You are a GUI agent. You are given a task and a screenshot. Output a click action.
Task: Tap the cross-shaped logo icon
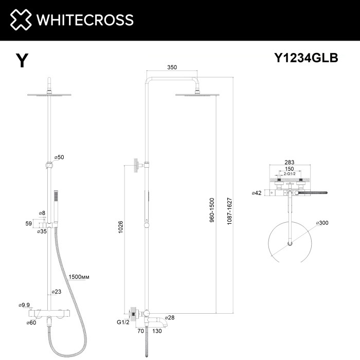click(19, 20)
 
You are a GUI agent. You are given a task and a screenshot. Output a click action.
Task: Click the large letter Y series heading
click(22, 61)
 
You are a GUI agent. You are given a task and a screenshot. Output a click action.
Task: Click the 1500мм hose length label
click(80, 277)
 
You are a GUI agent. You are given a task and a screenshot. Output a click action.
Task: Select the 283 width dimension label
click(290, 163)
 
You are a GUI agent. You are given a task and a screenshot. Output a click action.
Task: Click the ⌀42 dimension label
click(257, 193)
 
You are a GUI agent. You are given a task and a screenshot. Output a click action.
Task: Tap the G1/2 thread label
click(121, 323)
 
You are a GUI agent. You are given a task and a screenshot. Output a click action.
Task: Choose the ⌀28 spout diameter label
click(170, 318)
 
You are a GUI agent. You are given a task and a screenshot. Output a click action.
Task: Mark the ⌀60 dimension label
click(31, 322)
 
